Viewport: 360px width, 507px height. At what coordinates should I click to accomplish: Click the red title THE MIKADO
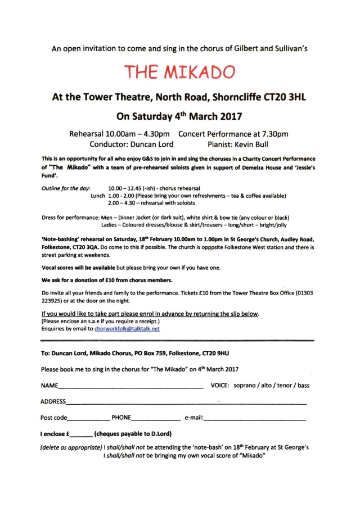tap(179, 72)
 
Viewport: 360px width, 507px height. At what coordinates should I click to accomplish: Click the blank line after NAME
tap(130, 387)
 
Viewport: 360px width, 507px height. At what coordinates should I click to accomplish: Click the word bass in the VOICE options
tap(303, 386)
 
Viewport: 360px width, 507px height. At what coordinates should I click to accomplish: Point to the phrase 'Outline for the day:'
tap(64, 188)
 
